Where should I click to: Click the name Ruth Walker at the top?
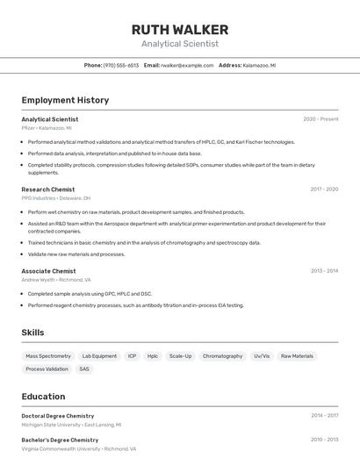coord(179,30)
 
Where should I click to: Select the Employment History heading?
coord(65,100)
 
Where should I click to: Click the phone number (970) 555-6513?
coord(121,66)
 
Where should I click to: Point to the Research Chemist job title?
coord(48,189)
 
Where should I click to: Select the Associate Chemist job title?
coord(48,271)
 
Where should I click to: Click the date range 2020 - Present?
coord(320,119)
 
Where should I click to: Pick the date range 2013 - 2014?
coord(324,271)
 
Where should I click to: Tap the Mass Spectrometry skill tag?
coord(48,356)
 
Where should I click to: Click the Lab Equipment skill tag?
coord(99,356)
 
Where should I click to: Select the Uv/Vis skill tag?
coord(262,356)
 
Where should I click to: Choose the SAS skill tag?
coord(84,369)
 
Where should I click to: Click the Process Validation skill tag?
coord(47,369)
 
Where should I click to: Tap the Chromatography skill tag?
coord(222,356)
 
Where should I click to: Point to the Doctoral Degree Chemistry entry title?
coord(58,416)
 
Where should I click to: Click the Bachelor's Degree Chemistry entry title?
coord(60,440)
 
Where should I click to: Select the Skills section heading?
coord(32,333)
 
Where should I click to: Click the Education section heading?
coord(43,397)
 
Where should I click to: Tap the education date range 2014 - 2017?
coord(324,416)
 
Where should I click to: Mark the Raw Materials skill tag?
coord(297,356)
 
